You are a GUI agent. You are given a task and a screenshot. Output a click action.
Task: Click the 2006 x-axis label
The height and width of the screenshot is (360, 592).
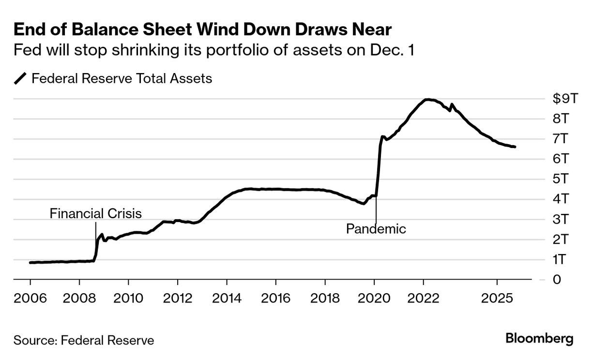tap(30, 297)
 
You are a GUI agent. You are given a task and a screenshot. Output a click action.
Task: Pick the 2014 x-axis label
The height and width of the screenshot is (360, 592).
tap(227, 297)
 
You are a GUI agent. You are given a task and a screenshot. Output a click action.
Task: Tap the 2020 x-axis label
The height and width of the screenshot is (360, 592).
tap(374, 297)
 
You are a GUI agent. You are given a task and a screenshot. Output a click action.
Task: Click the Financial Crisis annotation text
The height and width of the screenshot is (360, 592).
tap(95, 213)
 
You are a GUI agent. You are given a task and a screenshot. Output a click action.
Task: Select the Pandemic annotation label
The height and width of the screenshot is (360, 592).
tap(376, 228)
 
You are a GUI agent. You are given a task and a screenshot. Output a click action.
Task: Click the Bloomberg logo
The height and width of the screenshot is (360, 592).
tap(539, 339)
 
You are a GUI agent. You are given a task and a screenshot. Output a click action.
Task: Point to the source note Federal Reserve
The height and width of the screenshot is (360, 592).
tap(84, 340)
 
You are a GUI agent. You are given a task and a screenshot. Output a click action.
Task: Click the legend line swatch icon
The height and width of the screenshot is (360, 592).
tap(20, 78)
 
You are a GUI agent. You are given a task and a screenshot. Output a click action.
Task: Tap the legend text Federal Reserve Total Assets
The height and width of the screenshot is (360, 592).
tap(121, 78)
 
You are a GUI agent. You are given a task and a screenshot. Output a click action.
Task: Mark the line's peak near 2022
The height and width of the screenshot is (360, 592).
tap(427, 100)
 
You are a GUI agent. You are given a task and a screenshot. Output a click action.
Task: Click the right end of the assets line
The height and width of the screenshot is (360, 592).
tap(515, 147)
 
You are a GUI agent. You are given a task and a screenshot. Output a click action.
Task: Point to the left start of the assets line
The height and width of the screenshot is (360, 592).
tap(30, 262)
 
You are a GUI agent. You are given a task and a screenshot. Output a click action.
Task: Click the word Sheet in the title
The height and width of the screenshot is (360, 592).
tap(164, 30)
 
